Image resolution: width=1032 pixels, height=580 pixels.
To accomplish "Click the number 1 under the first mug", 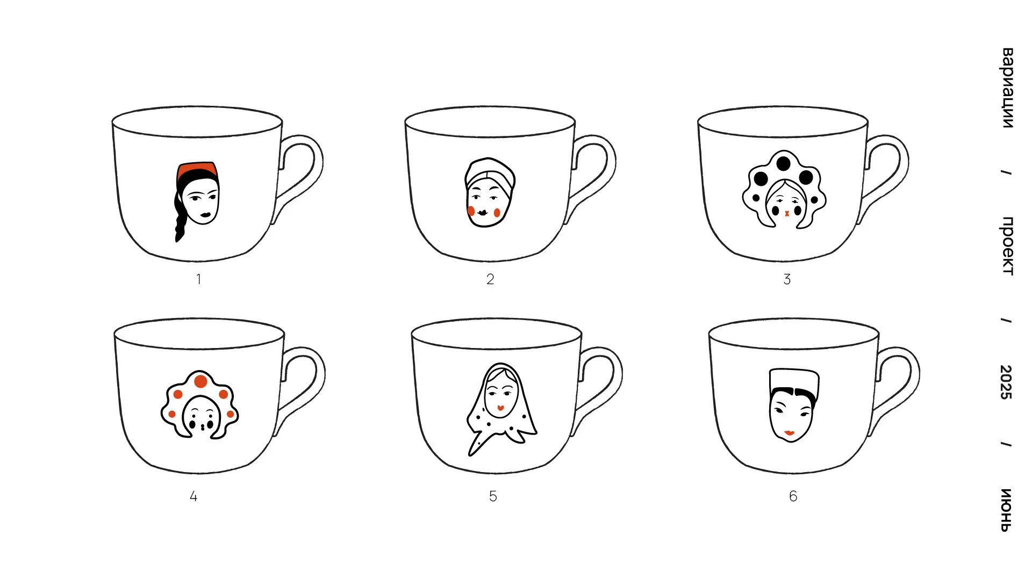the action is tap(198, 279).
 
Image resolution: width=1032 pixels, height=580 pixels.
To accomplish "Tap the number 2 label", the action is tap(490, 279).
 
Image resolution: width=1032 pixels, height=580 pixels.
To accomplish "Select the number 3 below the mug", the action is tap(787, 279).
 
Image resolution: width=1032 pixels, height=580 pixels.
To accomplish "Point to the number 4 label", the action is tap(193, 496).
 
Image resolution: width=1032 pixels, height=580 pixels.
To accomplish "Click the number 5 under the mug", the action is tap(493, 496).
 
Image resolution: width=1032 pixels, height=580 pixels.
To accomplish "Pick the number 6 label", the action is tap(793, 496).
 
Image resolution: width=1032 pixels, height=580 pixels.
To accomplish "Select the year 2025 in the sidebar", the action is tap(1006, 382).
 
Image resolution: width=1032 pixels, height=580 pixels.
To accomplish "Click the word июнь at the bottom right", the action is tap(1006, 510).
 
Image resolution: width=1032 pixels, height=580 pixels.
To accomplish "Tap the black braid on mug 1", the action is tap(181, 218).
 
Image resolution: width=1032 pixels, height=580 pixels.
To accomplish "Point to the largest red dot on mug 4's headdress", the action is tap(200, 382).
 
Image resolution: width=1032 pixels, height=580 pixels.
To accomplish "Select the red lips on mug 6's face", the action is tap(789, 433).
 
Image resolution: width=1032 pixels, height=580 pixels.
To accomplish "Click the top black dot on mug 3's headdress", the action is tap(784, 163).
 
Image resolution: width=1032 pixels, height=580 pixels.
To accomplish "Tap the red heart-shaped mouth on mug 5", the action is tap(500, 408).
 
